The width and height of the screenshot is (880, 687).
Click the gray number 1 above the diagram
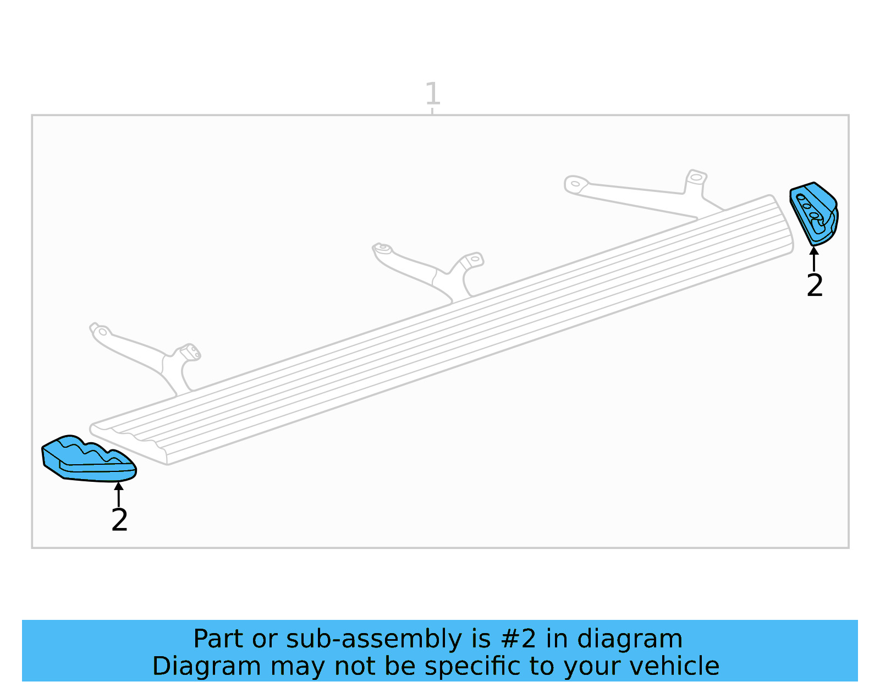click(432, 94)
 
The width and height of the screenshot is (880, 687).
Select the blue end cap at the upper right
click(814, 213)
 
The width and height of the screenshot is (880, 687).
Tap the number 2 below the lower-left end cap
click(119, 520)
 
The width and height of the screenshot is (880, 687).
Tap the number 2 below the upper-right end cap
click(815, 285)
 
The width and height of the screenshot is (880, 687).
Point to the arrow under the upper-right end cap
click(814, 259)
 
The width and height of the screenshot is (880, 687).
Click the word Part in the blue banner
click(218, 639)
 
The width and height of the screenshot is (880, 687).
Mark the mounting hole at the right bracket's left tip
click(575, 184)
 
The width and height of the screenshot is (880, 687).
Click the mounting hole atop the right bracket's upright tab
click(696, 177)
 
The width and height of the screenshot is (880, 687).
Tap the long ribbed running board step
click(440, 330)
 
